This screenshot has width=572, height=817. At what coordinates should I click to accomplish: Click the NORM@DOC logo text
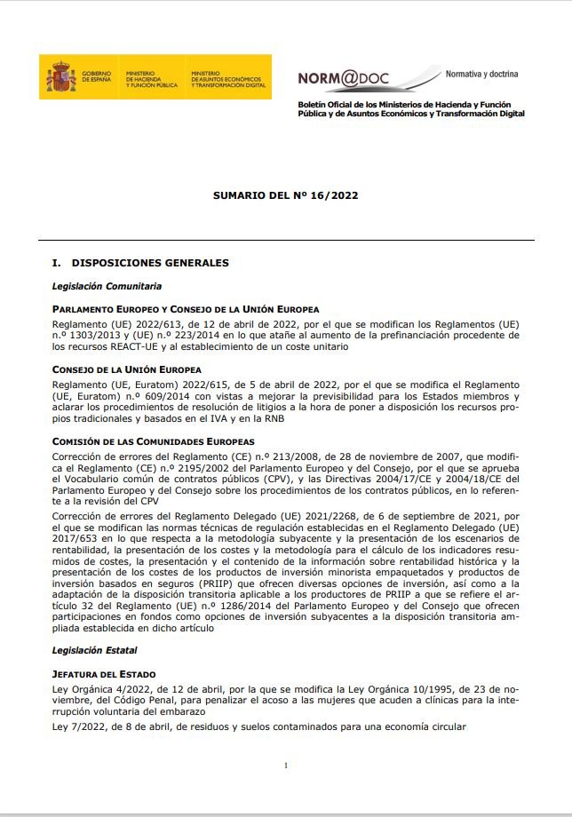click(355, 79)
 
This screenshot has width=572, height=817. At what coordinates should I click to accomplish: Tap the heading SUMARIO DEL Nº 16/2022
click(285, 194)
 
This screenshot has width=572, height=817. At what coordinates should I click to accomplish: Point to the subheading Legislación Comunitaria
click(107, 286)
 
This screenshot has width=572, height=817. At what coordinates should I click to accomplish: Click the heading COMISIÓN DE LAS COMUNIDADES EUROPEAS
click(154, 441)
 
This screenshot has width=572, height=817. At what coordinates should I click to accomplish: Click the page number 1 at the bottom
click(286, 765)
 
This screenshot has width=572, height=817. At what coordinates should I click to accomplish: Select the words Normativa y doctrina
click(481, 74)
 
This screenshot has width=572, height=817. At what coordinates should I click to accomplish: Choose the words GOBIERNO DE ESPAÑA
click(97, 78)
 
